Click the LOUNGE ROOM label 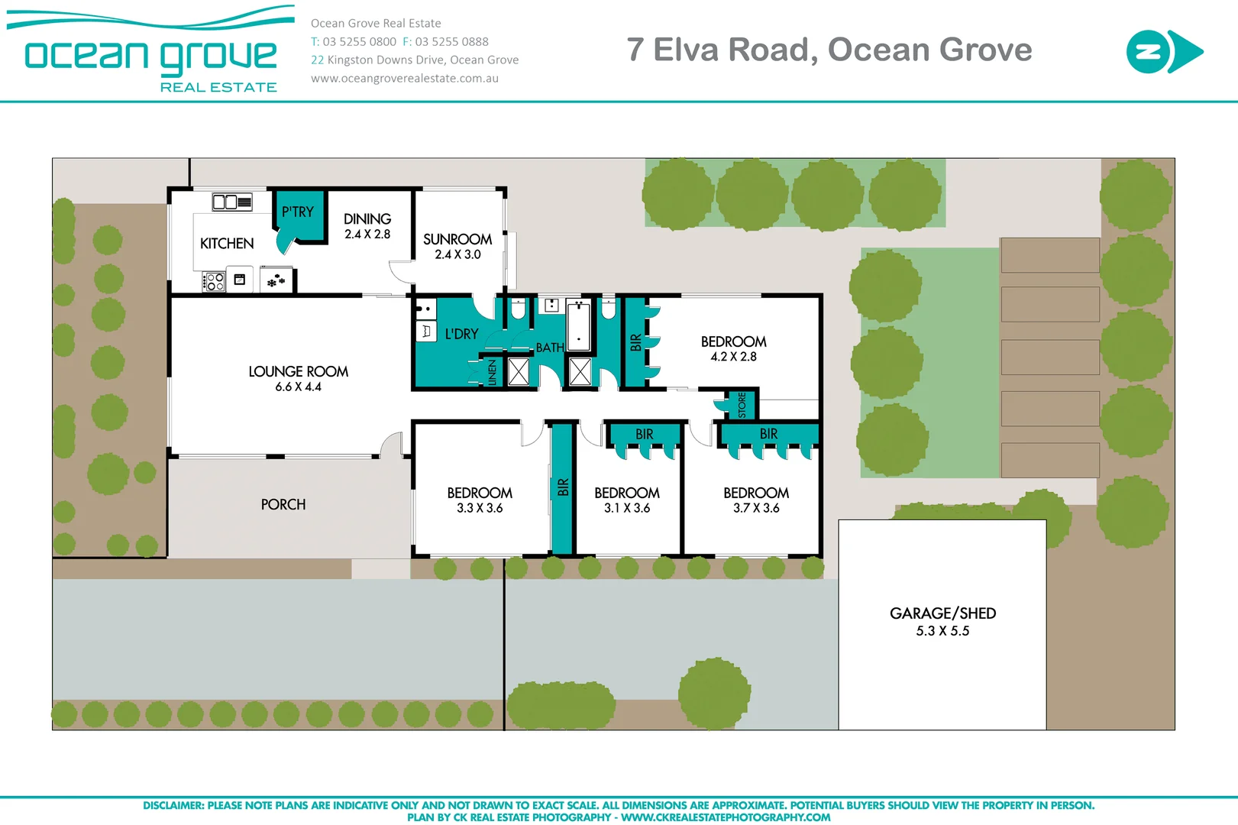coord(298,372)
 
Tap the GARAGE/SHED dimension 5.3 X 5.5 coord(942,631)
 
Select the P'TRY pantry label coord(297,212)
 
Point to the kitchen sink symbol coord(231,202)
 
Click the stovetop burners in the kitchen coord(215,282)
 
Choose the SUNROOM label coord(457,239)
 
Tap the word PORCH coord(283,505)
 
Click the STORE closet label coord(742,405)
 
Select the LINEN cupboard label coord(493,372)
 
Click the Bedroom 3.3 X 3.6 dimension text coord(480,509)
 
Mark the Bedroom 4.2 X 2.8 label coord(733,342)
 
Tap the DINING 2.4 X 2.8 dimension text coord(367,235)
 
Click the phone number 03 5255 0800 coord(359,42)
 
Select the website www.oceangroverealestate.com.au coord(405,78)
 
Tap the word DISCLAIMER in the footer coord(173,805)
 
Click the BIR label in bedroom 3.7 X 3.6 coord(768,434)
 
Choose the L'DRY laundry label coord(461,335)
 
